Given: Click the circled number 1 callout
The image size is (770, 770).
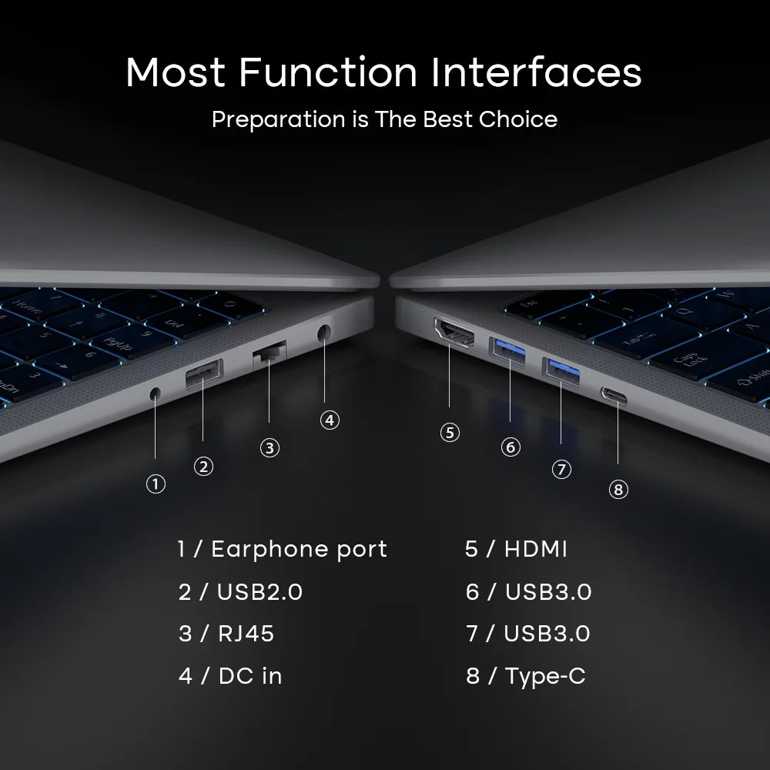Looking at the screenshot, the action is (156, 484).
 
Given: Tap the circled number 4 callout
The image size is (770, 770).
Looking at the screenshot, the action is (330, 420).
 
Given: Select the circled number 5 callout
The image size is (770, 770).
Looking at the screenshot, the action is (450, 433).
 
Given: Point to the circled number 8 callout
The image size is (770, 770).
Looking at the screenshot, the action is (618, 490).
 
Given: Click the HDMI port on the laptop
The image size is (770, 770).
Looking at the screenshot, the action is (454, 333).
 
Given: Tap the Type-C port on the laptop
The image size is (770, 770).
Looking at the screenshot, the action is (614, 396).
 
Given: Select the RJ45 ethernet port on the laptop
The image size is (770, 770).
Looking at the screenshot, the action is (269, 354).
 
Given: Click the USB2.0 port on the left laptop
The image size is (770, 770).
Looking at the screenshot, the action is (204, 374).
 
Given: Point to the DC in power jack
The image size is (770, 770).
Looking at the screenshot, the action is (323, 333).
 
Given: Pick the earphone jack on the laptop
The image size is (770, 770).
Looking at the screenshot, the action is (156, 393).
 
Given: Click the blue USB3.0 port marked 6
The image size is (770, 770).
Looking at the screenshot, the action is (508, 352).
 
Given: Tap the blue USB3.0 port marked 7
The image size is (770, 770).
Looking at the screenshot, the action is (561, 372).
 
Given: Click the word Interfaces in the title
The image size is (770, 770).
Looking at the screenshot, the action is (536, 72).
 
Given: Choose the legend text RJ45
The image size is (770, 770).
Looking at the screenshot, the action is (246, 634).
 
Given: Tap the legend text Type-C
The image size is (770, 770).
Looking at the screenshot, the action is (545, 677).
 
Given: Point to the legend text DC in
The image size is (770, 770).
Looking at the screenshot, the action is (250, 676).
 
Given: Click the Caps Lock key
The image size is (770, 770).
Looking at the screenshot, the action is (691, 359).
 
